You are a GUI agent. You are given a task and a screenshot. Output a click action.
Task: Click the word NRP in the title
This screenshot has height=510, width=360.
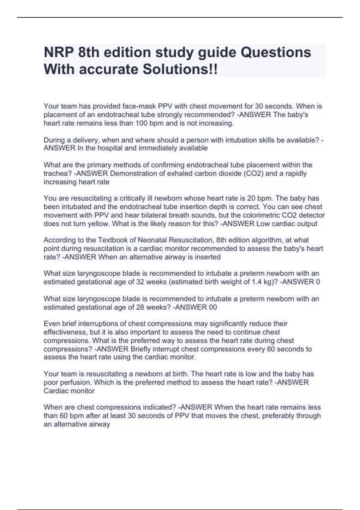[x=58, y=52]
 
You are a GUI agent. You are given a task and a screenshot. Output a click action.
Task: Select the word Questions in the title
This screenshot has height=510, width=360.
[x=276, y=52]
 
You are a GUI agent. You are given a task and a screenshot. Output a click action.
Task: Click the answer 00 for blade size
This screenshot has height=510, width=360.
[x=213, y=307]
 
